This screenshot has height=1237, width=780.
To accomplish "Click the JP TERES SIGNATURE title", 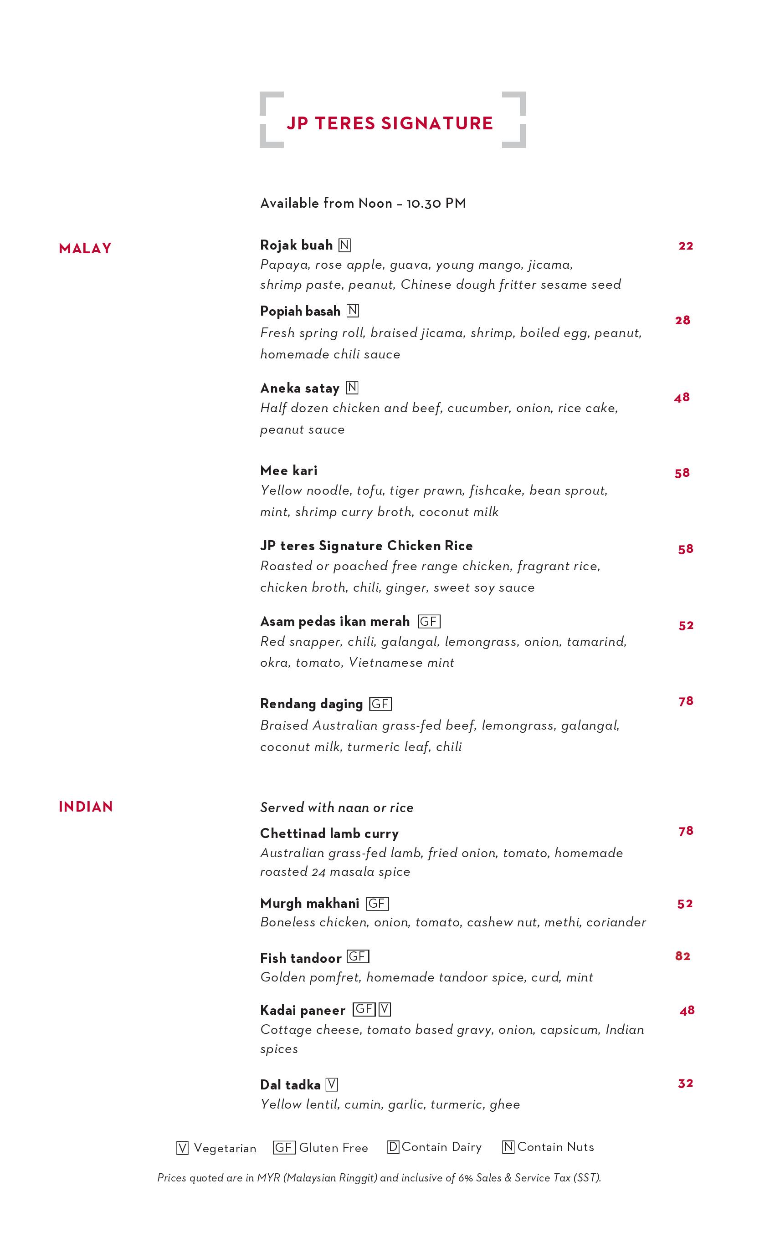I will (390, 123).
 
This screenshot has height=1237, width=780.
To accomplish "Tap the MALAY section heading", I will (85, 249).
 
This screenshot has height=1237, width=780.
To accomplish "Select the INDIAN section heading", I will (85, 807).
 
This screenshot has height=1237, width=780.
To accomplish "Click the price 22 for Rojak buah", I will (685, 246).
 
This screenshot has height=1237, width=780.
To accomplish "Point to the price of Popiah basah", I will (682, 321).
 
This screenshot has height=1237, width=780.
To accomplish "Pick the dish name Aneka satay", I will (300, 388).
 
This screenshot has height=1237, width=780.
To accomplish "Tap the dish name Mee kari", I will (289, 470).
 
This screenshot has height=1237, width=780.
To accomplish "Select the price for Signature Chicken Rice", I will (685, 549).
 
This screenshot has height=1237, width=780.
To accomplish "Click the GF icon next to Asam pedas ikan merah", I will (429, 622).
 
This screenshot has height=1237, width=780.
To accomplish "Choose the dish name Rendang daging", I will (311, 704).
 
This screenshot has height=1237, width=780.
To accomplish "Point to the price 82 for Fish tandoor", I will (682, 956).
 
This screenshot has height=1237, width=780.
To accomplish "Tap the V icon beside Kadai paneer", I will (385, 1009).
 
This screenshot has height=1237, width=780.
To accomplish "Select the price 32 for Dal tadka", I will (685, 1084).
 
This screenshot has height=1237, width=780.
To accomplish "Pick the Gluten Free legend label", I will (334, 1148).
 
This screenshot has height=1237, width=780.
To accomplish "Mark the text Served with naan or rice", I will (337, 808).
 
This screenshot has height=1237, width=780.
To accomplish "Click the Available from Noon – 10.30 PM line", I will (363, 204).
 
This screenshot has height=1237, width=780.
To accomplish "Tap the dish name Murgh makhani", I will (309, 903).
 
